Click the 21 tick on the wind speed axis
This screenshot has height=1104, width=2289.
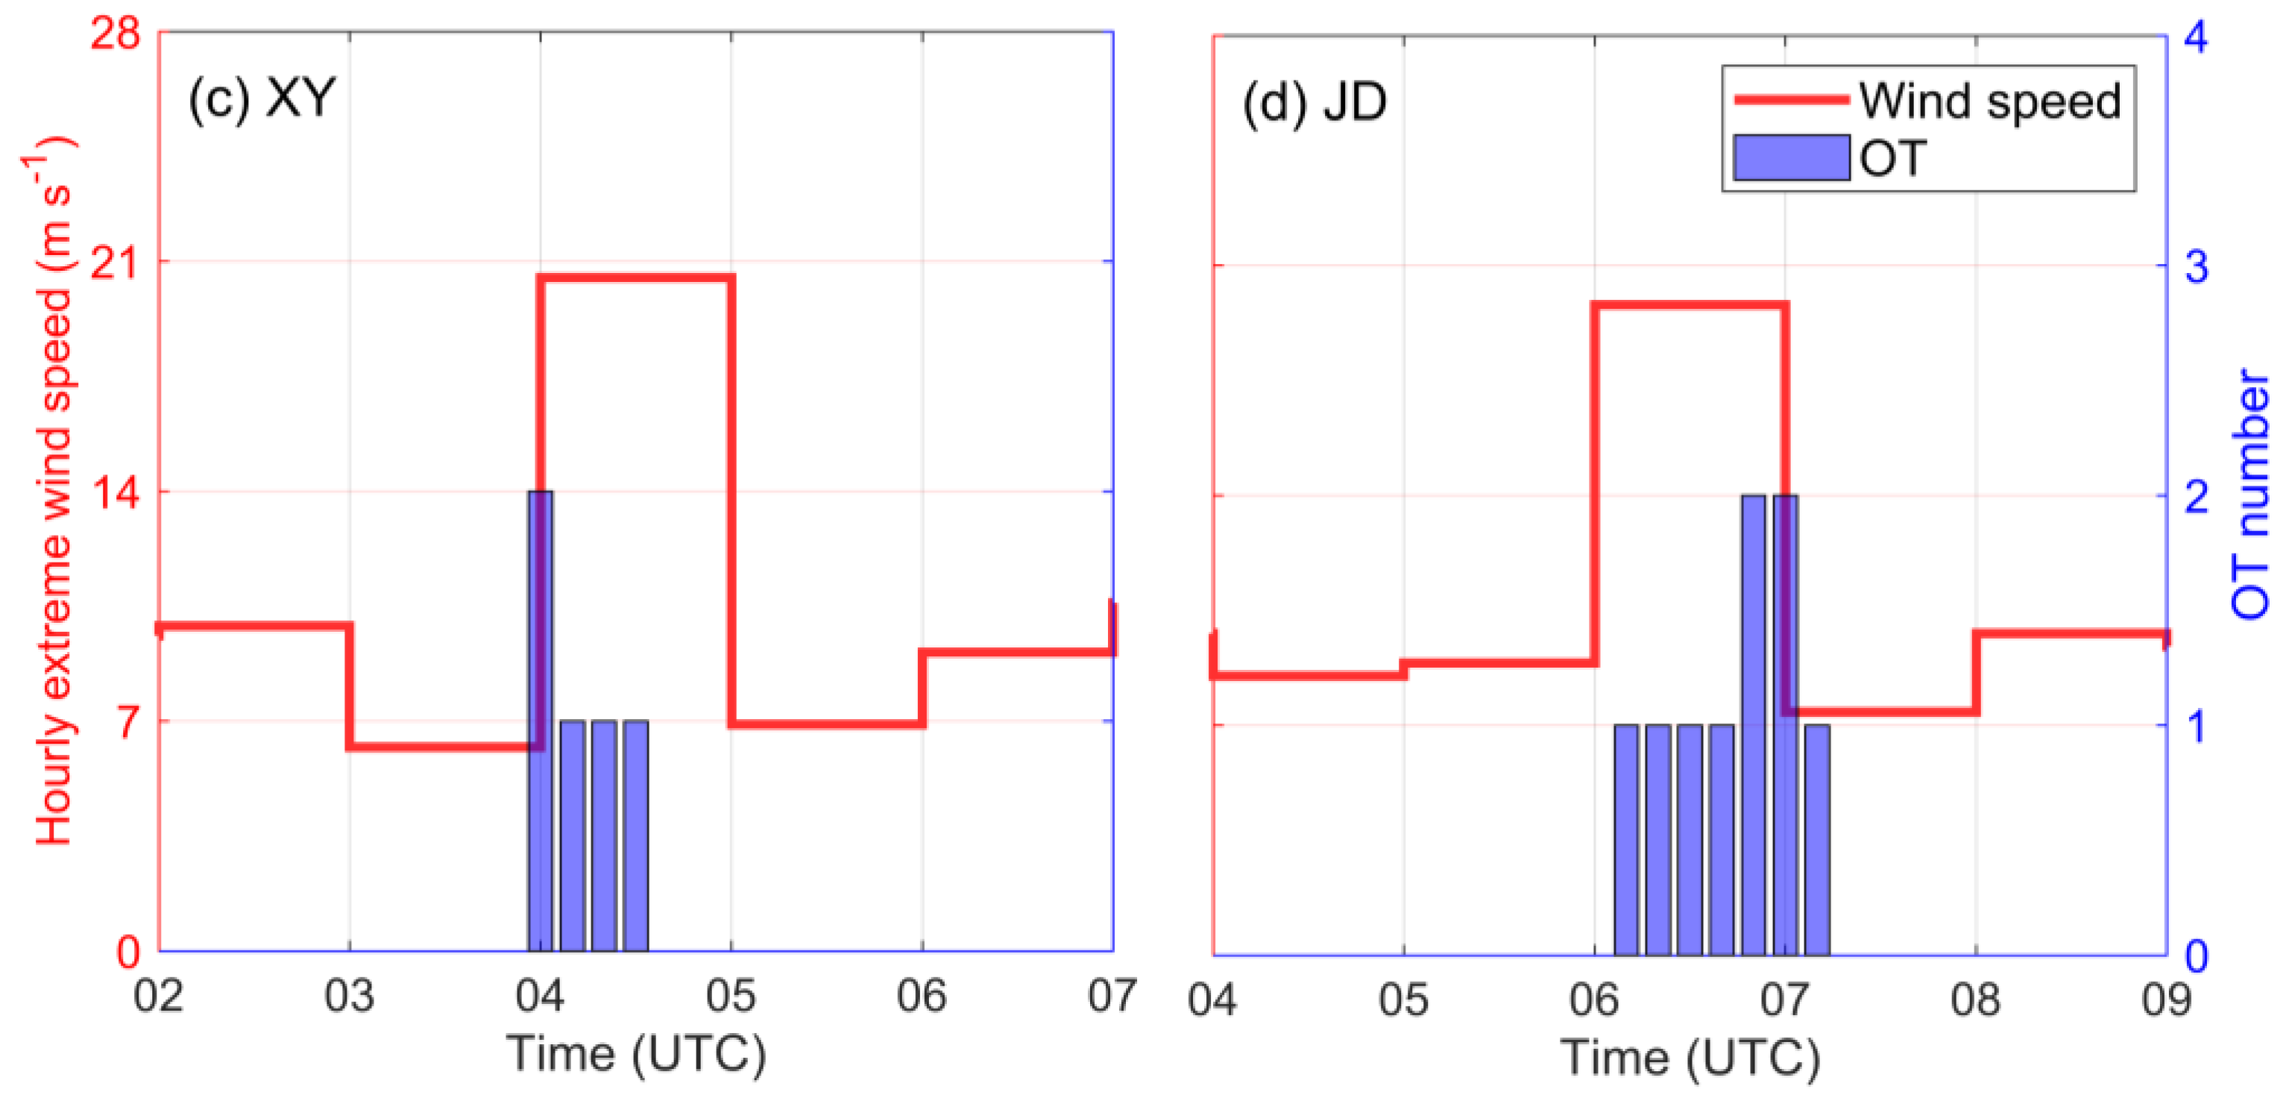pos(116,263)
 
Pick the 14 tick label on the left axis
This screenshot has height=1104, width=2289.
pos(116,492)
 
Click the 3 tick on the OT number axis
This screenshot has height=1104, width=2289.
pos(2196,266)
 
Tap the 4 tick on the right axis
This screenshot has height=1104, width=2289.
pos(2196,37)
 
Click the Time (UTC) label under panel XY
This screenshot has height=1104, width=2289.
pos(635,1054)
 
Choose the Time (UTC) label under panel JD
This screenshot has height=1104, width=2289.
pos(1690,1058)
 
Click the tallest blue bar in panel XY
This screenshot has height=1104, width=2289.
pos(539,720)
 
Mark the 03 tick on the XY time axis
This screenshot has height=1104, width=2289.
pos(349,997)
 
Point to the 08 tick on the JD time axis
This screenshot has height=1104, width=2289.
pos(1975,1000)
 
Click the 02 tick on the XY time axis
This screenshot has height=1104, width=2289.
pos(158,997)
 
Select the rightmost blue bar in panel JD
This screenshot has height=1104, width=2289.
pos(1816,840)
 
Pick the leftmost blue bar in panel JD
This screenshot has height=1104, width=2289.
pos(1625,840)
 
